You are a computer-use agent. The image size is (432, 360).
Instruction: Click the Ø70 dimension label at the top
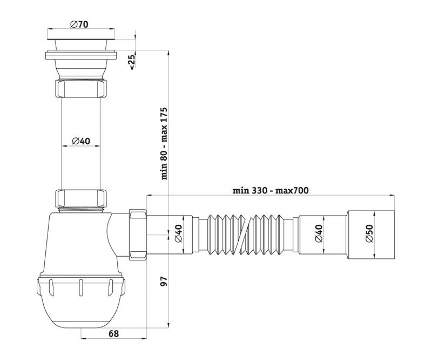pyautogui.click(x=79, y=24)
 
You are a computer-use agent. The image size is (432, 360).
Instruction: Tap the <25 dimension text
pyautogui.click(x=132, y=62)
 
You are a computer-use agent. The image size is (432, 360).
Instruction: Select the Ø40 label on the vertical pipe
pyautogui.click(x=81, y=141)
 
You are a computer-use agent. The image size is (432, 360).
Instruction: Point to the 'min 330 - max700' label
pyautogui.click(x=271, y=190)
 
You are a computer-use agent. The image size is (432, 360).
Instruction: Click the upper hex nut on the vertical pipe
pyautogui.click(x=81, y=88)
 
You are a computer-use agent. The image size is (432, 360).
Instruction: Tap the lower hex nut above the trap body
pyautogui.click(x=81, y=198)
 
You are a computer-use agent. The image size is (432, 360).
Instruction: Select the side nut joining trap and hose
pyautogui.click(x=138, y=235)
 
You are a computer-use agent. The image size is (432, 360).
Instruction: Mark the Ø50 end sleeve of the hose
pyautogui.click(x=371, y=235)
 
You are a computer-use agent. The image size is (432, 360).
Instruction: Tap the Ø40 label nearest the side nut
pyautogui.click(x=178, y=233)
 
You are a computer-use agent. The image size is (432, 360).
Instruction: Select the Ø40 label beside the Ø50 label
pyautogui.click(x=319, y=233)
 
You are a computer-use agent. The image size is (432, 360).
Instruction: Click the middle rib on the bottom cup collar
pyautogui.click(x=81, y=287)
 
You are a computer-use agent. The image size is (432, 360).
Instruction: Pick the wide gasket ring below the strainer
pyautogui.click(x=81, y=55)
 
